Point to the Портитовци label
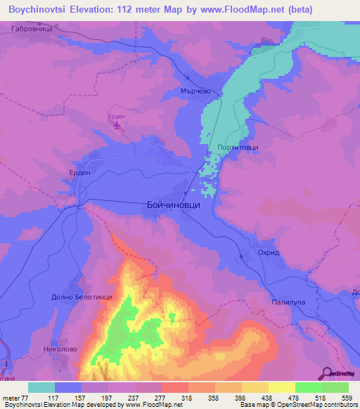pyautogui.click(x=234, y=148)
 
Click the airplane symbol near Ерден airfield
pyautogui.click(x=117, y=126)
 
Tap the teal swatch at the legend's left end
pyautogui.click(x=41, y=387)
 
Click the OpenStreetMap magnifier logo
pyautogui.click(x=326, y=374)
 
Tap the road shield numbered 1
pyautogui.click(x=6, y=362)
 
